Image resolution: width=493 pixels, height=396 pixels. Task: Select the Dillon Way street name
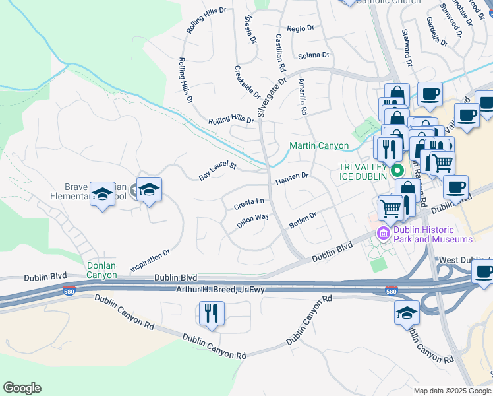(x=252, y=220)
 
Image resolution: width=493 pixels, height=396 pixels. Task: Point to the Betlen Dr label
(x=303, y=220)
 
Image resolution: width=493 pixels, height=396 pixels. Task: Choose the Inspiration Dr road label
(x=150, y=260)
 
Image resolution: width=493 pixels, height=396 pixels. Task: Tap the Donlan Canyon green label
(x=101, y=270)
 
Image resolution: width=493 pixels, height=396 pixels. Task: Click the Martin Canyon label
(x=319, y=145)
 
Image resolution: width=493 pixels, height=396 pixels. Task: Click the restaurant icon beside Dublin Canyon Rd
(x=212, y=313)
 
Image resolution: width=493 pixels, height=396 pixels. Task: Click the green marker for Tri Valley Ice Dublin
(x=397, y=171)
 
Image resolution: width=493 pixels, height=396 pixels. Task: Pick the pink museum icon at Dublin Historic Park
(x=382, y=232)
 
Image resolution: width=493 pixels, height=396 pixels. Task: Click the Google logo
(x=22, y=388)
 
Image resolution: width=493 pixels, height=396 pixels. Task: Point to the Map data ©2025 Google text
(x=451, y=391)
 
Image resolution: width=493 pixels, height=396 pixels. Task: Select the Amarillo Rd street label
(x=303, y=96)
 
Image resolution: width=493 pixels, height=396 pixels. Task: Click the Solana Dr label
(x=313, y=56)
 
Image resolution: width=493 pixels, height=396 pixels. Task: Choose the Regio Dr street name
(x=301, y=28)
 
